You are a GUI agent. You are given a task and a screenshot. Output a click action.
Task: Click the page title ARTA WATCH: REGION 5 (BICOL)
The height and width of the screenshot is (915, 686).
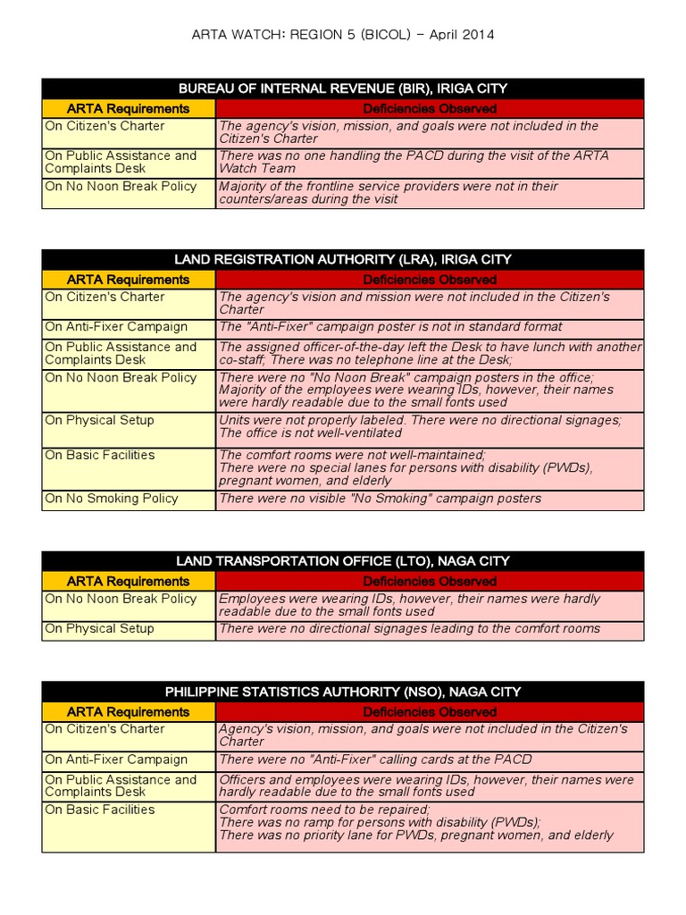point(343,35)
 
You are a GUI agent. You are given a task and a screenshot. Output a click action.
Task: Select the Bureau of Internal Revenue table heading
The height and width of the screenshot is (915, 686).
point(343,88)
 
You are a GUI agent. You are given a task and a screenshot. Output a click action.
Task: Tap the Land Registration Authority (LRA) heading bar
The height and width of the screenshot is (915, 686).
point(343,259)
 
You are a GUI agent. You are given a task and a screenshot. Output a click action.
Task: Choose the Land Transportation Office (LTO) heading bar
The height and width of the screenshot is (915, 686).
point(343,561)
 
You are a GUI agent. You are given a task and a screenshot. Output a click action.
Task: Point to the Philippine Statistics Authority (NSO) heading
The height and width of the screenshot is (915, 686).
point(343,692)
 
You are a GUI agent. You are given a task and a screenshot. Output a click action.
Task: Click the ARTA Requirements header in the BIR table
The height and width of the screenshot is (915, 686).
point(129,108)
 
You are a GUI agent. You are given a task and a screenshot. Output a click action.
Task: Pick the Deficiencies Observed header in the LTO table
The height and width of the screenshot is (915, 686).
point(430,581)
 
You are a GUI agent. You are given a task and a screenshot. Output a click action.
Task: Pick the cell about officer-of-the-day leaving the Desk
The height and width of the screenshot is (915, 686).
point(430,353)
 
